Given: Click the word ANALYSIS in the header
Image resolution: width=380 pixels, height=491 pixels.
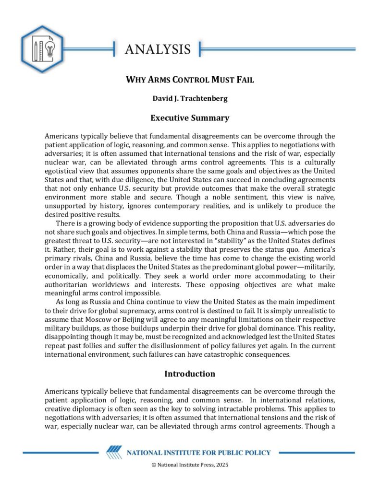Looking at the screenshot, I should pos(158,49).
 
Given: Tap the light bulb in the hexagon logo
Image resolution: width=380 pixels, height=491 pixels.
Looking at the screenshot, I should pos(51,48).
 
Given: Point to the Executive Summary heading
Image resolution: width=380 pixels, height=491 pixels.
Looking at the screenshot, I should pos(190,118).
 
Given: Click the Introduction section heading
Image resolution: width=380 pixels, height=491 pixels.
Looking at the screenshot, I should pos(190,374).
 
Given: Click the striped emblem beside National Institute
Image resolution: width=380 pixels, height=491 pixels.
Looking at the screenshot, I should pos(114,453).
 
